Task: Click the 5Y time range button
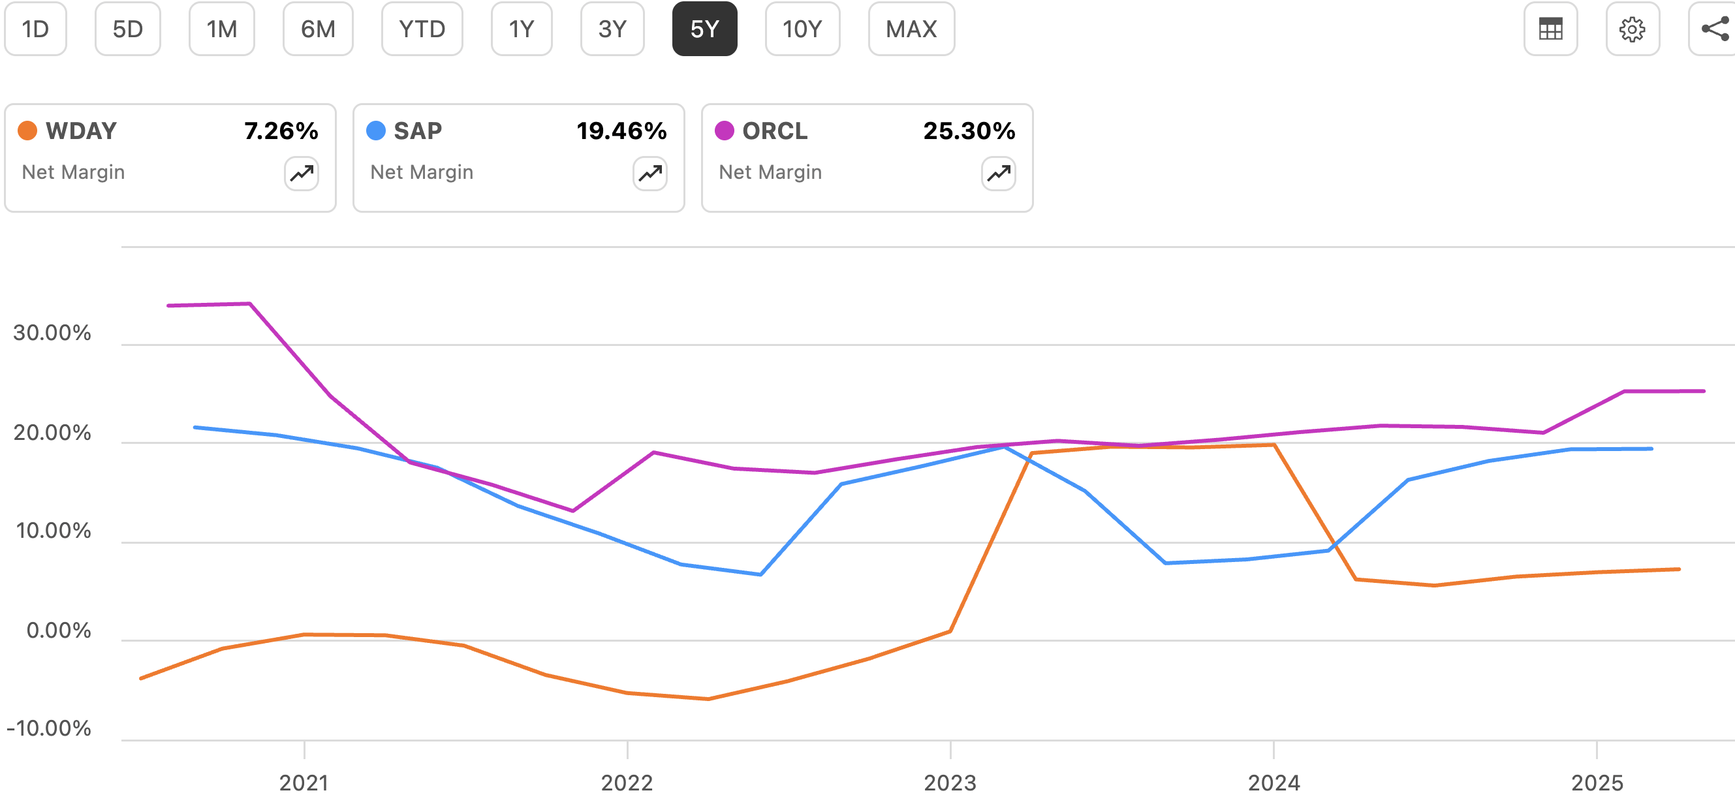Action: pos(704,29)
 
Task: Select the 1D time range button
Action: pos(36,29)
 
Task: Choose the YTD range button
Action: pos(422,29)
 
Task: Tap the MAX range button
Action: pos(911,29)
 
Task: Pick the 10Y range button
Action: pos(802,29)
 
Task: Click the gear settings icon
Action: pos(1632,29)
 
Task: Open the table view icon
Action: pos(1550,29)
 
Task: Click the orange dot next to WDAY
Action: pos(27,131)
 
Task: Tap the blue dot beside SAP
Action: pos(376,131)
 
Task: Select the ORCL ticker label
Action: pos(775,131)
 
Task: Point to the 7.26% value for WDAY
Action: pos(281,131)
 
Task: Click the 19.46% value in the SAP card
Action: pos(621,131)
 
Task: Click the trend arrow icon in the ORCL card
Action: pos(998,174)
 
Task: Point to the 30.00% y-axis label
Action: pos(52,333)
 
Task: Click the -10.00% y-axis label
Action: pos(48,728)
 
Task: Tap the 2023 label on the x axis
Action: pos(950,783)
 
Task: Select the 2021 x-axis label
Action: pos(304,783)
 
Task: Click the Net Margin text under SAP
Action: pos(422,172)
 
